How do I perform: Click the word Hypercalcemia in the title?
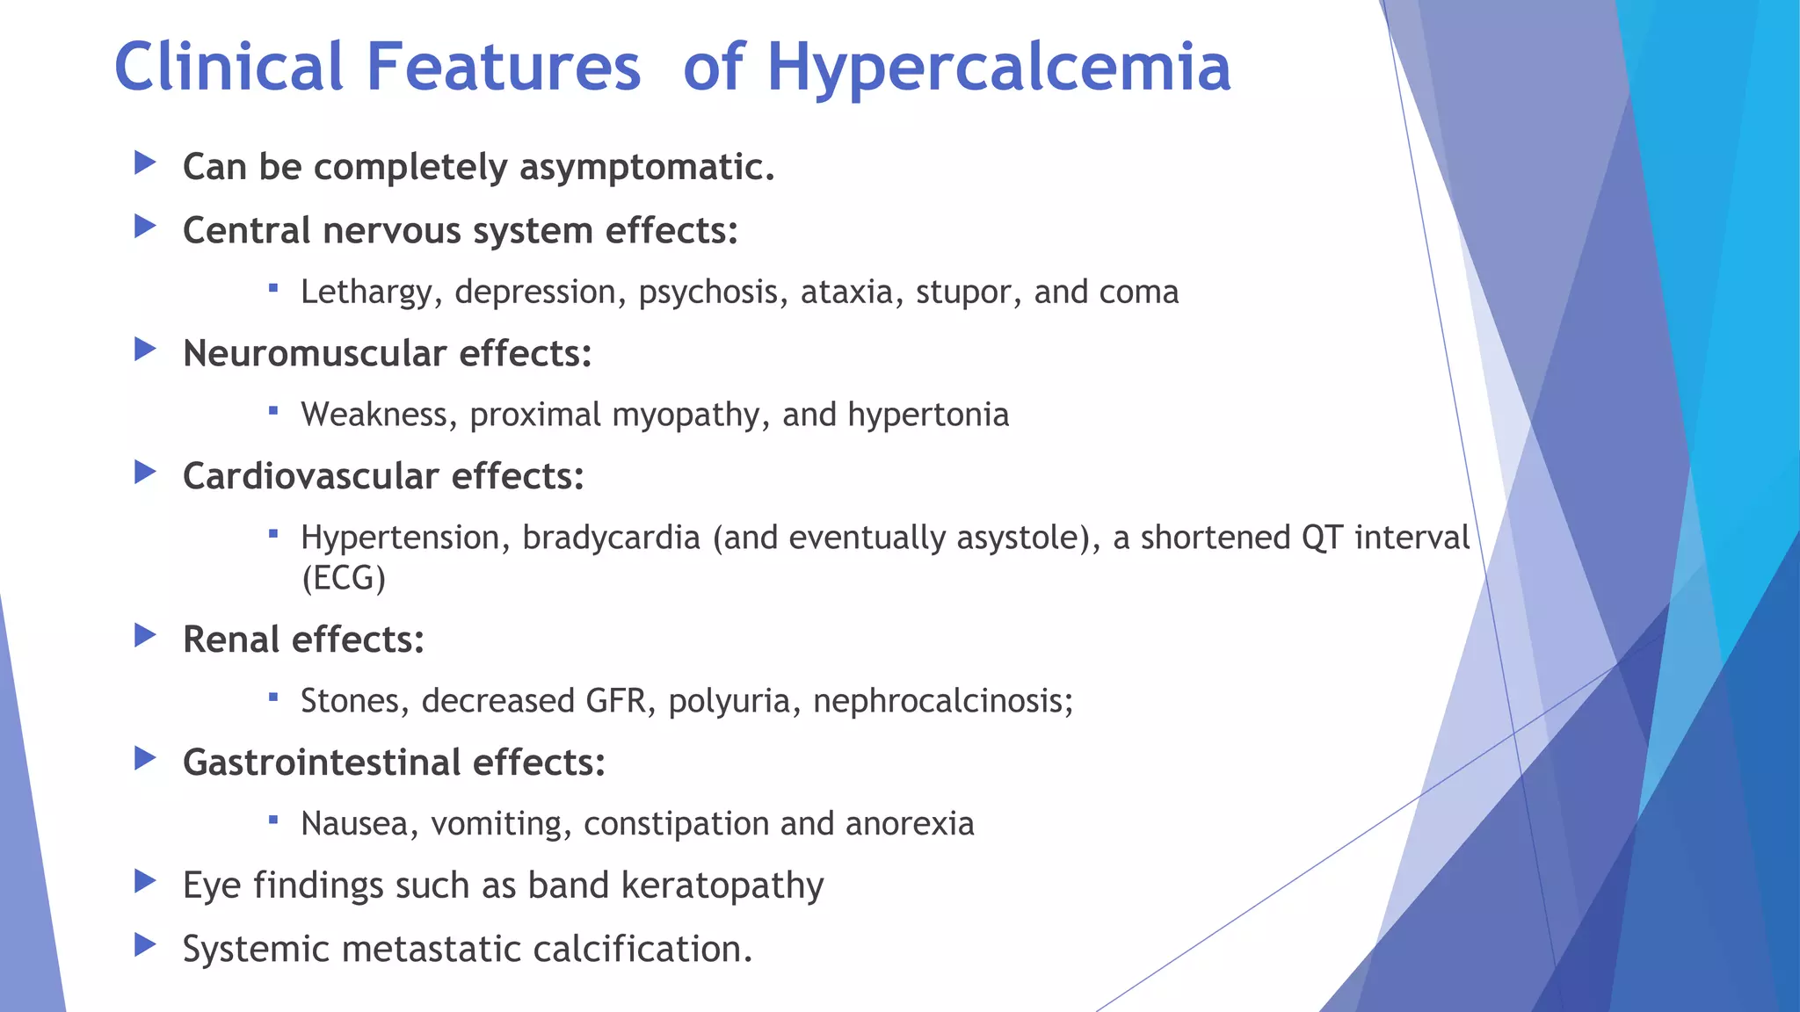pos(998,69)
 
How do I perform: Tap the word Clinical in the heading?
pos(229,67)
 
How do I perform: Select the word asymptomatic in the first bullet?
pos(647,167)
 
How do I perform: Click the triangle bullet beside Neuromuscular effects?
pos(145,350)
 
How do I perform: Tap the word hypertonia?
pos(928,415)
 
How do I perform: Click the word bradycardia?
pos(611,538)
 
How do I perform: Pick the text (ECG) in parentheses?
pos(344,578)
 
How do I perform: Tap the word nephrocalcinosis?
pos(942,701)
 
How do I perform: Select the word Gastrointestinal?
pos(321,763)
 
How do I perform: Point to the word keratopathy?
pos(722,885)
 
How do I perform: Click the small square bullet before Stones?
pos(273,698)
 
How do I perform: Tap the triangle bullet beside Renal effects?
pos(145,635)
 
